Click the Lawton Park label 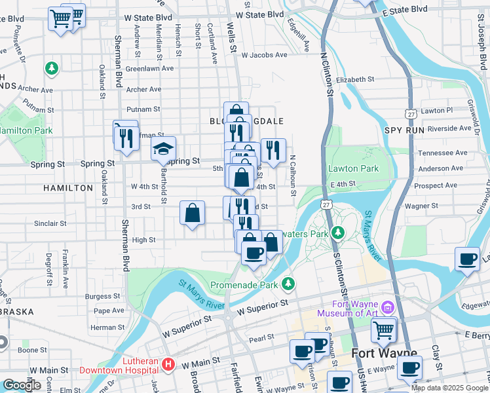point(354,169)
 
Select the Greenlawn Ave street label point(149,68)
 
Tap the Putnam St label point(143,109)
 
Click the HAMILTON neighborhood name point(68,188)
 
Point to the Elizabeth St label point(354,79)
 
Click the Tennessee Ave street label point(443,153)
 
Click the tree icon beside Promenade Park point(288,284)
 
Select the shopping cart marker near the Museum point(384,329)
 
